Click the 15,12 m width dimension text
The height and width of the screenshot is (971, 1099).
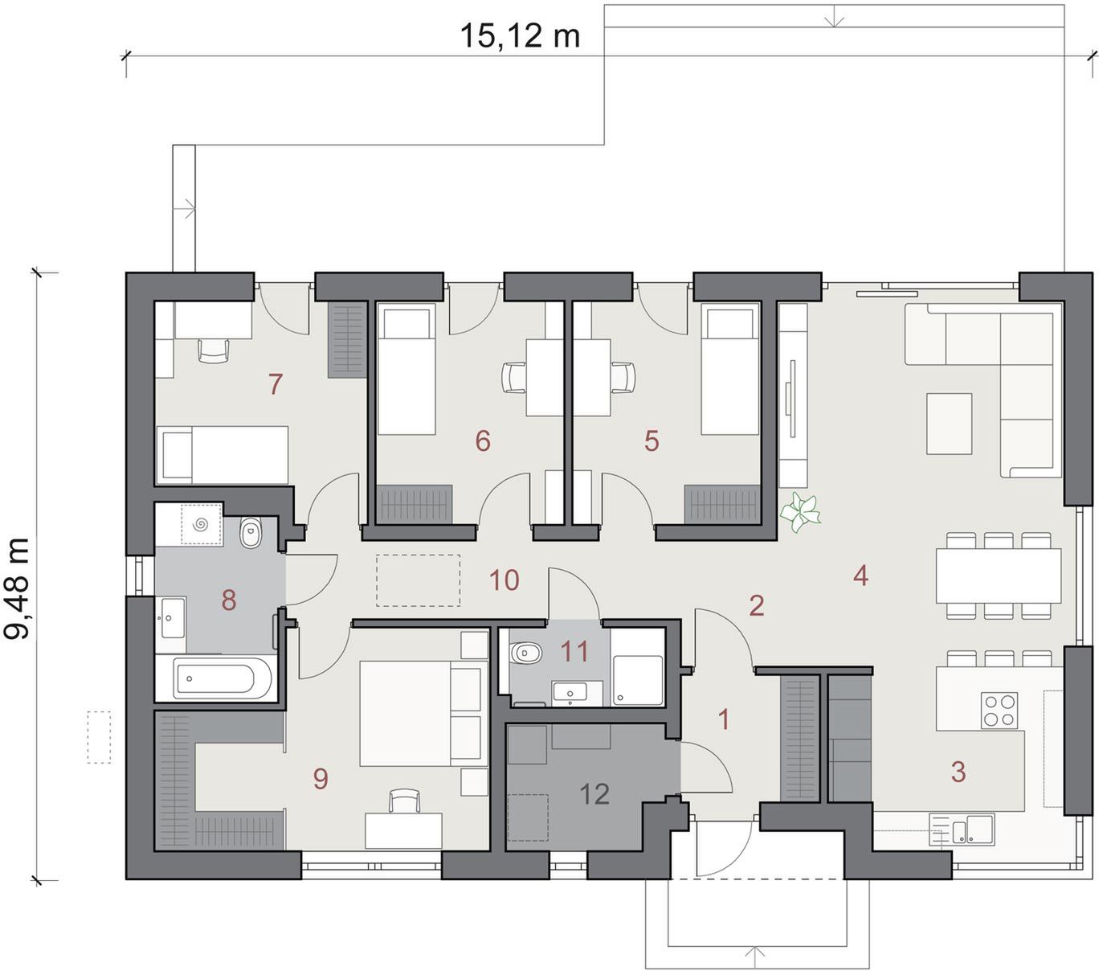[520, 36]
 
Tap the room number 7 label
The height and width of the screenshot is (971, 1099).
[276, 384]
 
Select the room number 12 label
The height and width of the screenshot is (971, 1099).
[594, 794]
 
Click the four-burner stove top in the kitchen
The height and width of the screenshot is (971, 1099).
[999, 711]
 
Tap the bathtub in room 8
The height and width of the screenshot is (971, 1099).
[220, 678]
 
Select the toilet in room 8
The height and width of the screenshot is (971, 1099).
[251, 533]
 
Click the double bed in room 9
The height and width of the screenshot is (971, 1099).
[420, 713]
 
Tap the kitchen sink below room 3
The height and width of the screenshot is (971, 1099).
[962, 828]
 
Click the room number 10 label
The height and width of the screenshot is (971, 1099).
[504, 580]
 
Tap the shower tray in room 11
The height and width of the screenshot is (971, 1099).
[637, 681]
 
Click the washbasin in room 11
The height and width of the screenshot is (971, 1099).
[570, 694]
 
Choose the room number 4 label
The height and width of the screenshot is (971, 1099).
[860, 576]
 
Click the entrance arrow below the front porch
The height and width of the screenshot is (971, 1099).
[754, 957]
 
